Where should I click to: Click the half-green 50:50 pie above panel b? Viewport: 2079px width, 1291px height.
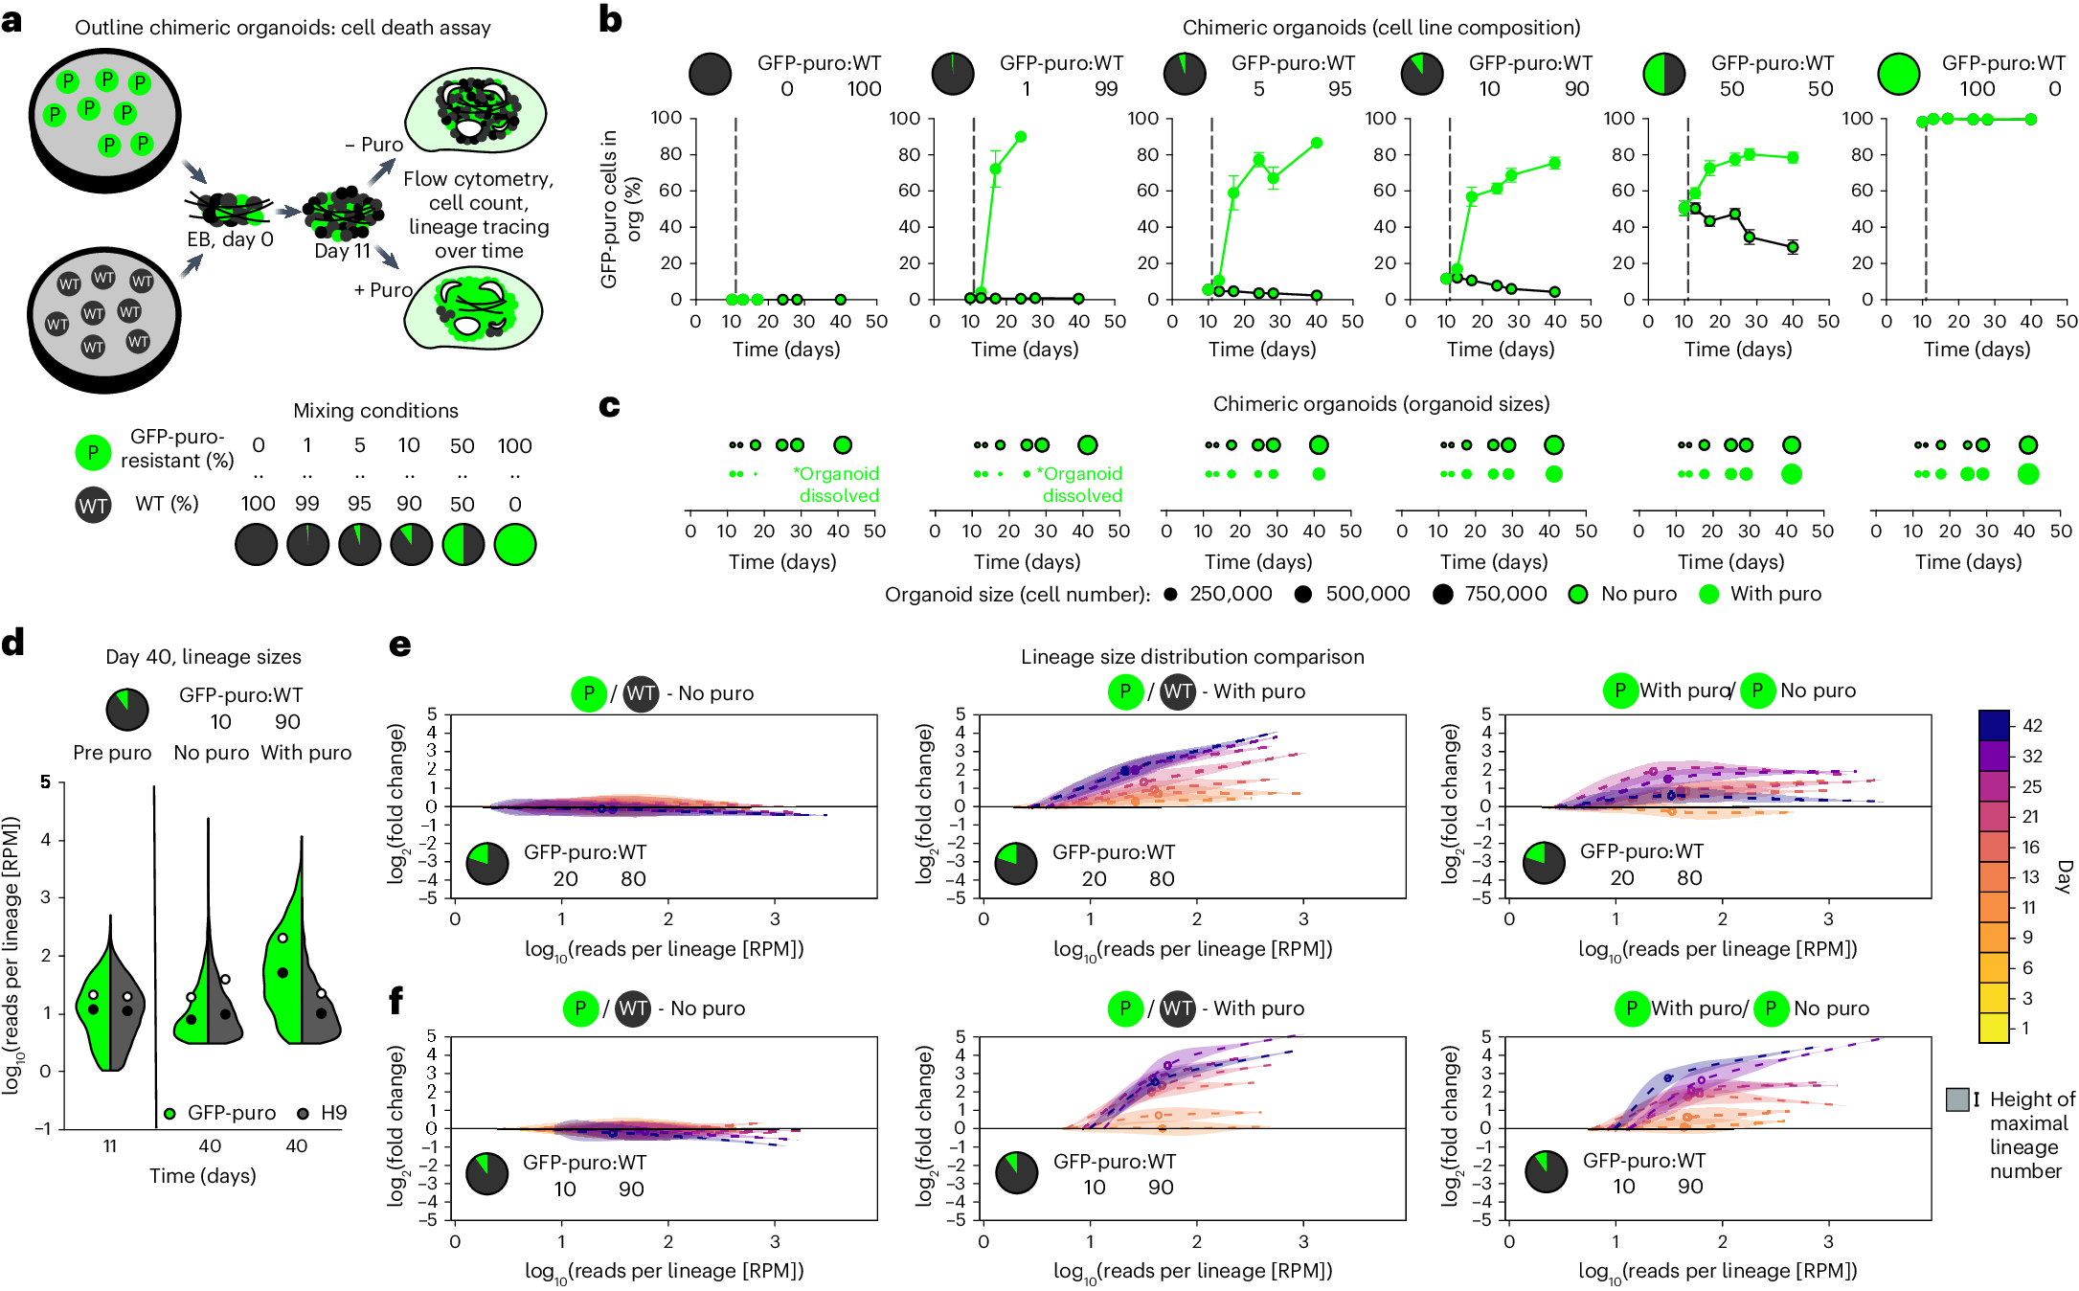tap(1664, 74)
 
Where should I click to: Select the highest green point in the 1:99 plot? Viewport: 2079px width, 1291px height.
tap(1021, 137)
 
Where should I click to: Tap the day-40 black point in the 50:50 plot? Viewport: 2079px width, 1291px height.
tap(1793, 247)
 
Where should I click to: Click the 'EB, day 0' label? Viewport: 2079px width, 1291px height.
tap(230, 239)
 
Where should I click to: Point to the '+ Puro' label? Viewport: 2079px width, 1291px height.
tap(383, 290)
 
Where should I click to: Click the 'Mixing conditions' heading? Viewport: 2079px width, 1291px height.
tap(375, 411)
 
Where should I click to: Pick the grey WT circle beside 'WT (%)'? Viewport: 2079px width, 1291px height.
tap(93, 506)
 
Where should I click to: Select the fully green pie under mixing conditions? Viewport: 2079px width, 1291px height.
tap(515, 545)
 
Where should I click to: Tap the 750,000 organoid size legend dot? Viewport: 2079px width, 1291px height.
tap(1443, 595)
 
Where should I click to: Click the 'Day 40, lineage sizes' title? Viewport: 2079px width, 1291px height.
tap(203, 657)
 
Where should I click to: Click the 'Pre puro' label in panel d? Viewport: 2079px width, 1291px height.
tap(112, 753)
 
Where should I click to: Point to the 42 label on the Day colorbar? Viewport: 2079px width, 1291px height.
tap(2032, 726)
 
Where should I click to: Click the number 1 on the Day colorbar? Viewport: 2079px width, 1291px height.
tap(2025, 1028)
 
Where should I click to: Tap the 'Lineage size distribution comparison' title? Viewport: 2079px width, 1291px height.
tap(1192, 657)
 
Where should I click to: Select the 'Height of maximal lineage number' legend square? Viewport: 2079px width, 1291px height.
tap(1957, 1099)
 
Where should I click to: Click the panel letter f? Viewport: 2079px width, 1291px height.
tap(396, 1001)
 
